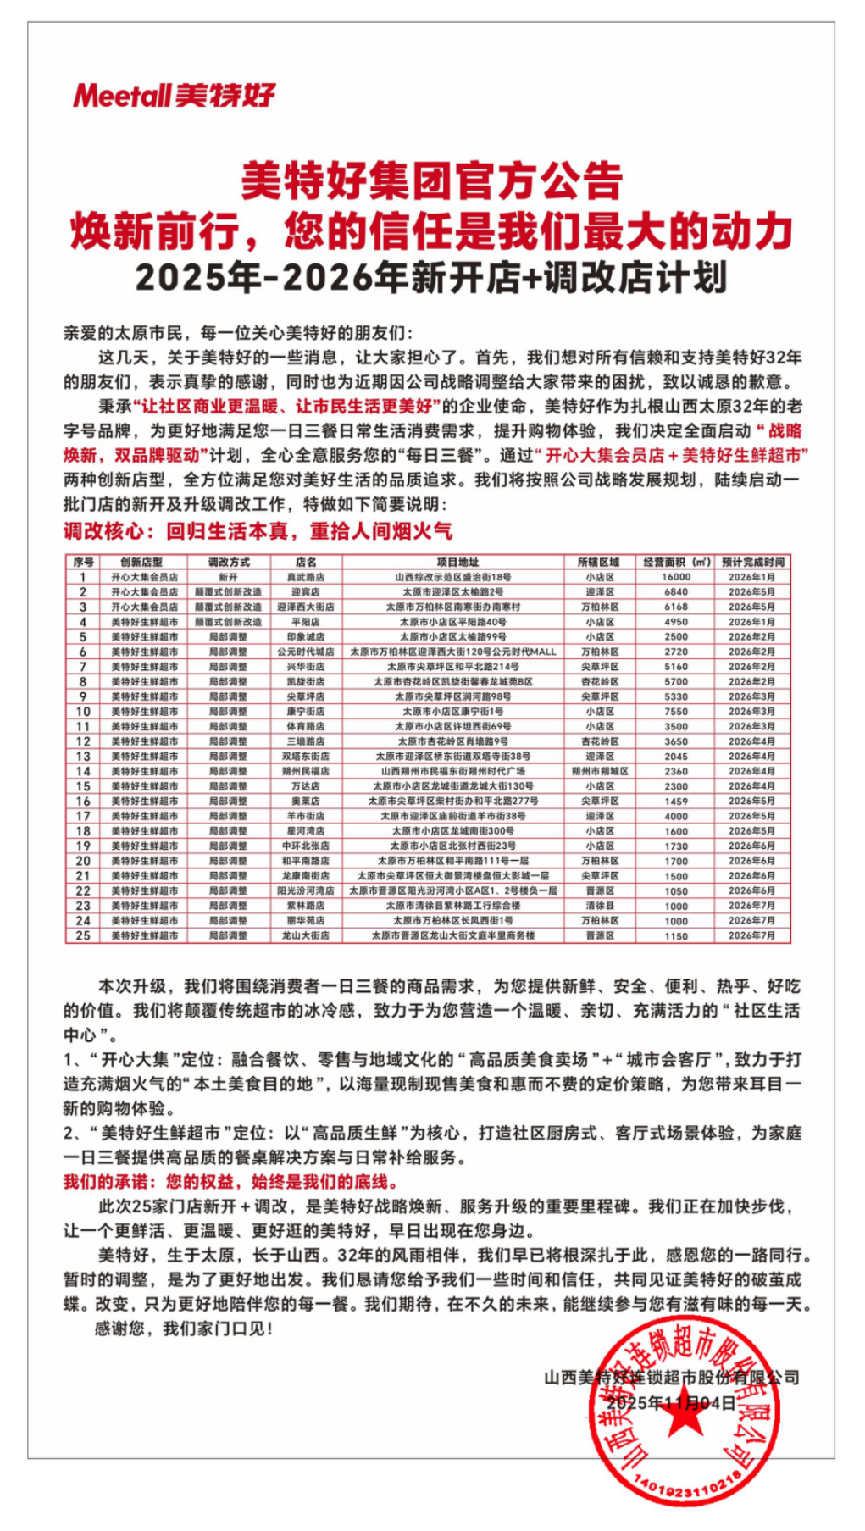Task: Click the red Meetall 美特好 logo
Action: point(174,95)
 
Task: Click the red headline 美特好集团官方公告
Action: point(431,180)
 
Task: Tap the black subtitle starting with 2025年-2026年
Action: point(431,278)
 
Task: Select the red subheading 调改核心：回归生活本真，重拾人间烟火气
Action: point(258,531)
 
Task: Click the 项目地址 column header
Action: point(457,562)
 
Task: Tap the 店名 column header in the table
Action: point(306,562)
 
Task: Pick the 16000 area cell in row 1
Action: point(676,577)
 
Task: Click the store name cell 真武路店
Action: point(306,577)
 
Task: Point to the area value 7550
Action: point(676,712)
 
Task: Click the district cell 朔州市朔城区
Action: point(600,771)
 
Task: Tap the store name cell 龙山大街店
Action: point(306,935)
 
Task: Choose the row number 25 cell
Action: point(83,935)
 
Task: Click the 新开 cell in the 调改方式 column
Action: point(228,577)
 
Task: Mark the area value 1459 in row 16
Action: point(676,801)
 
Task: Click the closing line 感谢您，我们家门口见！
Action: point(184,1329)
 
